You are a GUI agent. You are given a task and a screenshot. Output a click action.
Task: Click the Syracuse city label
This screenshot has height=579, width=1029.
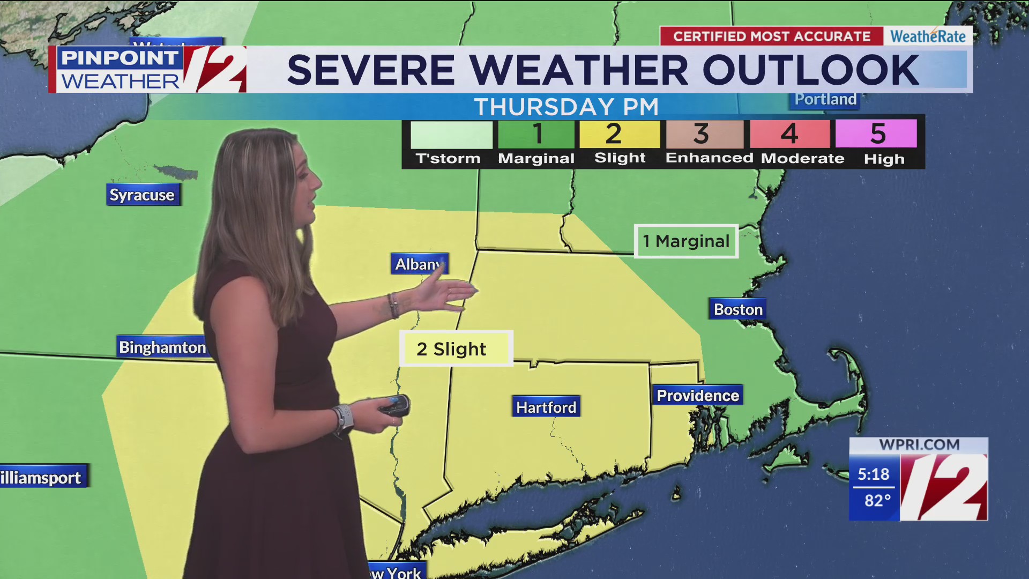point(143,195)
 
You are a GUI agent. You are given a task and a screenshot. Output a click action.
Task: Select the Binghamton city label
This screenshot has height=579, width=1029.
point(162,347)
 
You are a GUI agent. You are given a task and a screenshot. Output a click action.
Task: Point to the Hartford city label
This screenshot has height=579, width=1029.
point(546,407)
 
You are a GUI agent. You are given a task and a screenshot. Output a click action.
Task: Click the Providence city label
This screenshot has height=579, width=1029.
point(698,395)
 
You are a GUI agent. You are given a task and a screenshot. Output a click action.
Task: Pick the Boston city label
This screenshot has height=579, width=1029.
point(738,309)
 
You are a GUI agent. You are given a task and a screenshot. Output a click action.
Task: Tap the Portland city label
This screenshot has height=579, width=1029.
point(825,100)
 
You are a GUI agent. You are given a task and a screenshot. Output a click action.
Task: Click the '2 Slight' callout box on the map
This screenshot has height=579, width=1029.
point(456,348)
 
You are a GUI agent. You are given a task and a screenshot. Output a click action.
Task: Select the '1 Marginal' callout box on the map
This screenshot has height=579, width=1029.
point(686,241)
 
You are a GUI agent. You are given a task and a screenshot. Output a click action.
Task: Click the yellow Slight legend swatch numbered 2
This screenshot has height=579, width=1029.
point(620,134)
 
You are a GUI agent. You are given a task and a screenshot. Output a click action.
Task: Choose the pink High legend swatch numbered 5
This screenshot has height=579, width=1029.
point(876,134)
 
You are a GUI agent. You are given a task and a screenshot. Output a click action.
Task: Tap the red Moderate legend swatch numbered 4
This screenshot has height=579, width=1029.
point(789,134)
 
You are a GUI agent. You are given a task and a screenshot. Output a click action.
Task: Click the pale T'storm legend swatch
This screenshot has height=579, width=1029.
point(451,135)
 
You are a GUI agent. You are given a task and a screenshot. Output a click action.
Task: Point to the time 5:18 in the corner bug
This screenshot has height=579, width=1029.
point(873,474)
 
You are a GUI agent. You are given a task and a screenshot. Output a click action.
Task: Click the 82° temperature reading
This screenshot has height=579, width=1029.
point(877,501)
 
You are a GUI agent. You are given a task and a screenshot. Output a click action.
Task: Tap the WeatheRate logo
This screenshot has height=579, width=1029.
point(928,36)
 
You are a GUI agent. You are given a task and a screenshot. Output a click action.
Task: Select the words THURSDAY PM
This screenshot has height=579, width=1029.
point(566,107)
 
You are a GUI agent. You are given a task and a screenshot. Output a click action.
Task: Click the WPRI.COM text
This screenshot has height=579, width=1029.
point(919,445)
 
